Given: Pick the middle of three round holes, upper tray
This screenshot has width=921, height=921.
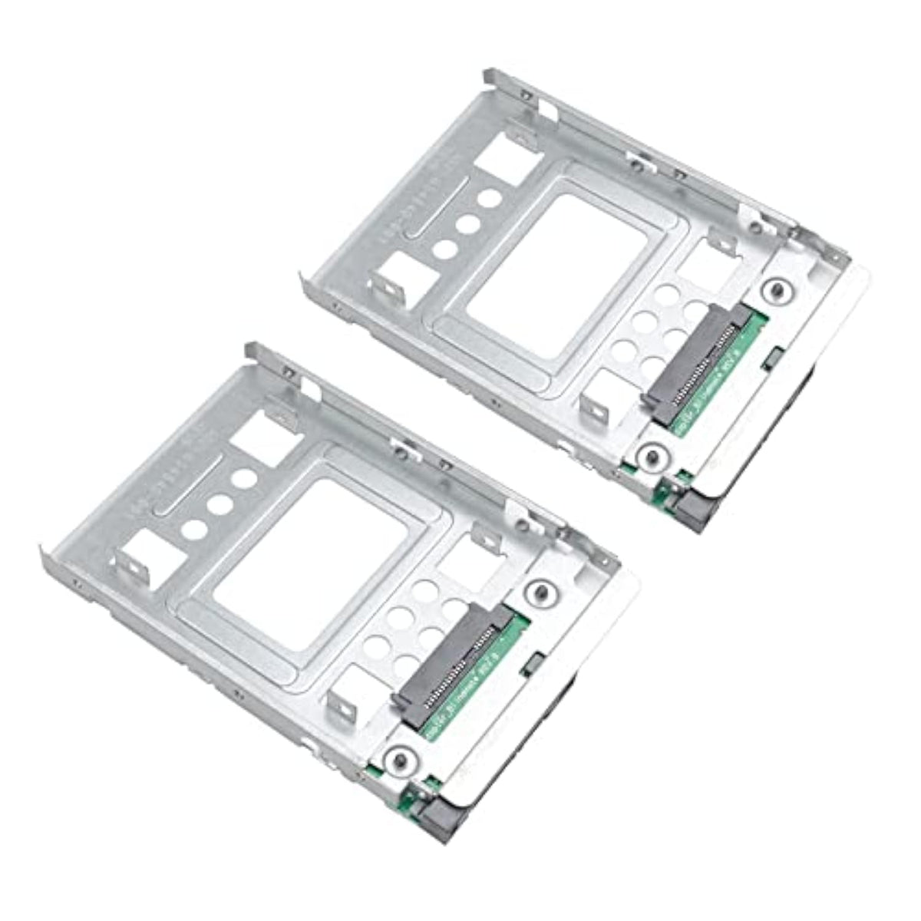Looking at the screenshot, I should coord(464,223).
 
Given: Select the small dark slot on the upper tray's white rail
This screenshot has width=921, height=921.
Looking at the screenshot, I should coord(773,358).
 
